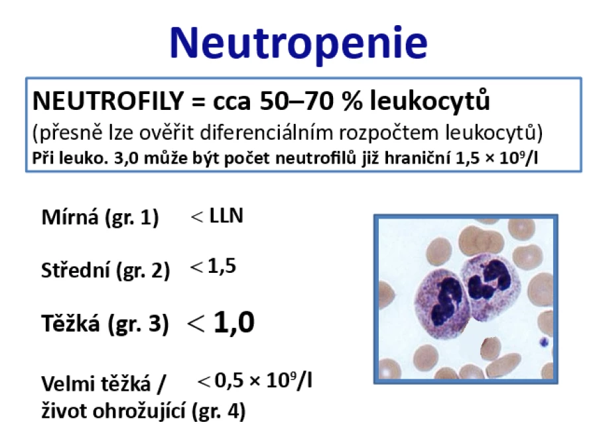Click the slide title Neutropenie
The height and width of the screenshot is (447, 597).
298,43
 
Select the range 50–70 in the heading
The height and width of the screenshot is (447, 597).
297,101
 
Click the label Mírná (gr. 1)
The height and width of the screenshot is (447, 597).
99,217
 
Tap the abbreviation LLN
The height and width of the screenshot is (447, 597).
226,215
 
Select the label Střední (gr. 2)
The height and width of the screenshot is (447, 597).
105,271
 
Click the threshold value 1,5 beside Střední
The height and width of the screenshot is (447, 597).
222,266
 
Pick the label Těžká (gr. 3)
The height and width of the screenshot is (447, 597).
105,324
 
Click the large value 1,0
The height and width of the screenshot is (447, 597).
233,323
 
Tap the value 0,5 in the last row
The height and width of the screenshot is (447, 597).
229,380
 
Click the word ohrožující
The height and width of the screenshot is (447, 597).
139,411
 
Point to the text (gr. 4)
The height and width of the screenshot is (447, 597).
218,411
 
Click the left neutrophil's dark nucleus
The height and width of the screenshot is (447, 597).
446,304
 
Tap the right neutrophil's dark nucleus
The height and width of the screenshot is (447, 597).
490,281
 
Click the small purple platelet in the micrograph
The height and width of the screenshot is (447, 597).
545,342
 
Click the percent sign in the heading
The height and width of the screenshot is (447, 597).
352,101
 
